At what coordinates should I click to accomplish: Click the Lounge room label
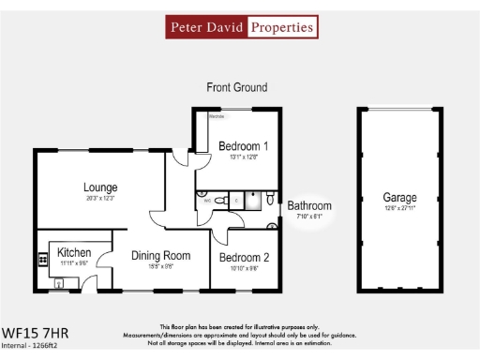tap(100, 187)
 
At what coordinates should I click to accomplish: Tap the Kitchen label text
tap(74, 253)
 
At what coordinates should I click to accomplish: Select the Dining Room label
tap(160, 255)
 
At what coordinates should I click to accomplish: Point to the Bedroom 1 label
tap(244, 146)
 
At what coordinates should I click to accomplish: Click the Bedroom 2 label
tap(245, 257)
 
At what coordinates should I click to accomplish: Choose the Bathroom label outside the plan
tap(309, 205)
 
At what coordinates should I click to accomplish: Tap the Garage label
tap(399, 198)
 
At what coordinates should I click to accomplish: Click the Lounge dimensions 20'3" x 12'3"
tap(100, 199)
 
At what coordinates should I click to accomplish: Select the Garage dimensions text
tap(399, 209)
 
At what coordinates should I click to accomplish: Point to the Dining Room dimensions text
tap(160, 266)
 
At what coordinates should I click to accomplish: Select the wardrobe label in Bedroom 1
tap(216, 117)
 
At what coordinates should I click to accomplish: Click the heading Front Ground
tap(236, 87)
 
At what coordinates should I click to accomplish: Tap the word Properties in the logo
tap(280, 27)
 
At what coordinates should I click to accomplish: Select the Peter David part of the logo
tap(207, 27)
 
